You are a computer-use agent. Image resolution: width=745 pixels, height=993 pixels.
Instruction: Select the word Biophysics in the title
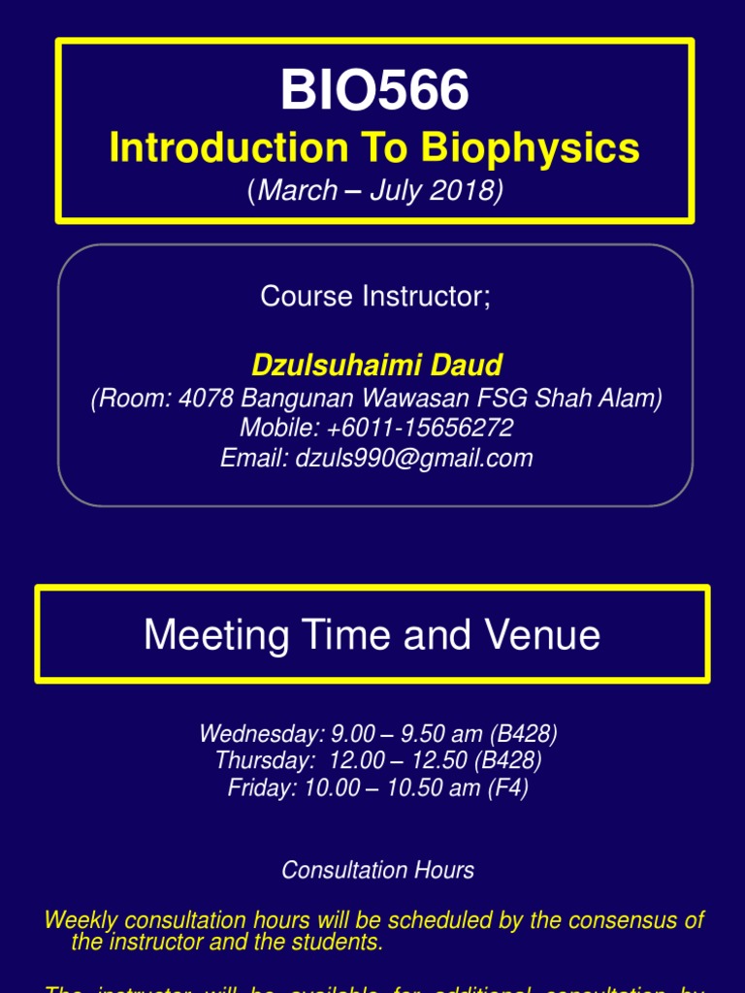point(531,148)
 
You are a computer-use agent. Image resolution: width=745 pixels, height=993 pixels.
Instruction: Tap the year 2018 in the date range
point(467,191)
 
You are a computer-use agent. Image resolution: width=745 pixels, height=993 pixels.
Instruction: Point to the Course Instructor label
point(375,297)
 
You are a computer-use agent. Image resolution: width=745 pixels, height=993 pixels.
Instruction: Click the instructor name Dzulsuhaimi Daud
point(376,366)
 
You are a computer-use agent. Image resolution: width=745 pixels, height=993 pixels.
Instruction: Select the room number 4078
point(207,399)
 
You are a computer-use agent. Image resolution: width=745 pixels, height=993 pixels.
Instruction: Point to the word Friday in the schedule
point(259,787)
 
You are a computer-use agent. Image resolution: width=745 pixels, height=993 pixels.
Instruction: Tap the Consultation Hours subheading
point(377,870)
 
